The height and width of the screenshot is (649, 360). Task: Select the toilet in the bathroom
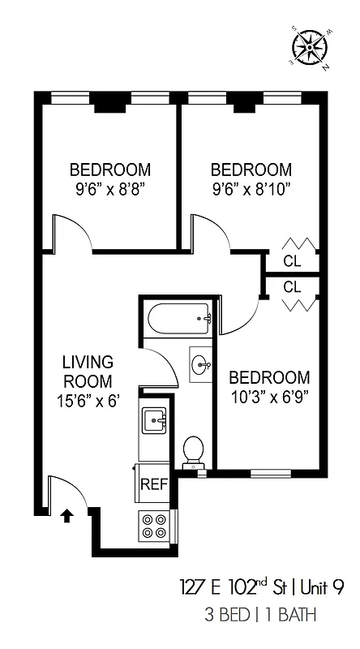point(193,451)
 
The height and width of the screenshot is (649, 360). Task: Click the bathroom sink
point(201,365)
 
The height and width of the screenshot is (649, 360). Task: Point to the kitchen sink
point(154,420)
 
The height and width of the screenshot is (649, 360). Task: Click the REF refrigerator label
point(154,484)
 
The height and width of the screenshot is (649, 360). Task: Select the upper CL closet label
point(292,260)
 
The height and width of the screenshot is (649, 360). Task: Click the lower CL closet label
point(292,286)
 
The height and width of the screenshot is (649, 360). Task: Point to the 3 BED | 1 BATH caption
point(261,616)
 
